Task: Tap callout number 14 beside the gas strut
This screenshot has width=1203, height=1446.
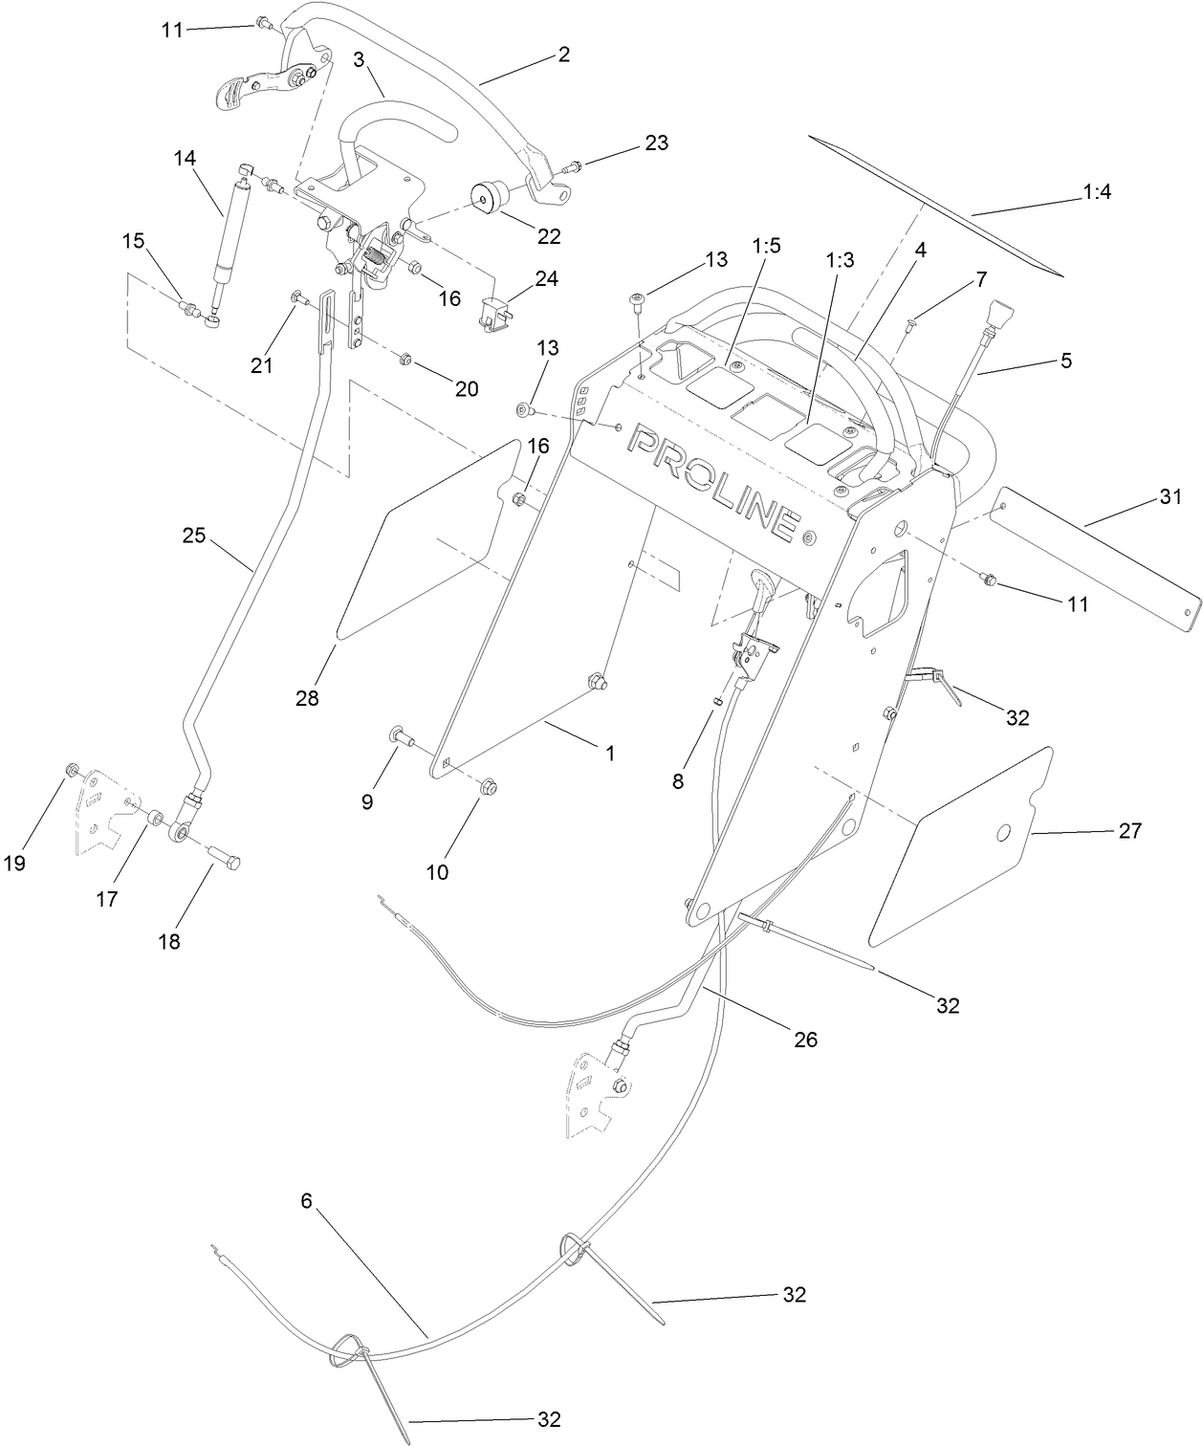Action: (x=184, y=158)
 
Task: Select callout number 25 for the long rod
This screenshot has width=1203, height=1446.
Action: (x=194, y=536)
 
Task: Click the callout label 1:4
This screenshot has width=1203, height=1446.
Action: (x=1097, y=192)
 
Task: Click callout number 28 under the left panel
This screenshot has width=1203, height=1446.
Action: (x=306, y=699)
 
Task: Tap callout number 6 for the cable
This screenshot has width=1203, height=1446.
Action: (x=306, y=1201)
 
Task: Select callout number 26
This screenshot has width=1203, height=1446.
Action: (x=806, y=1039)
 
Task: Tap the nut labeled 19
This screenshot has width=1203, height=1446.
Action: (x=70, y=771)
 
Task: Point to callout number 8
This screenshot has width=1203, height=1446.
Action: (x=677, y=780)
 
